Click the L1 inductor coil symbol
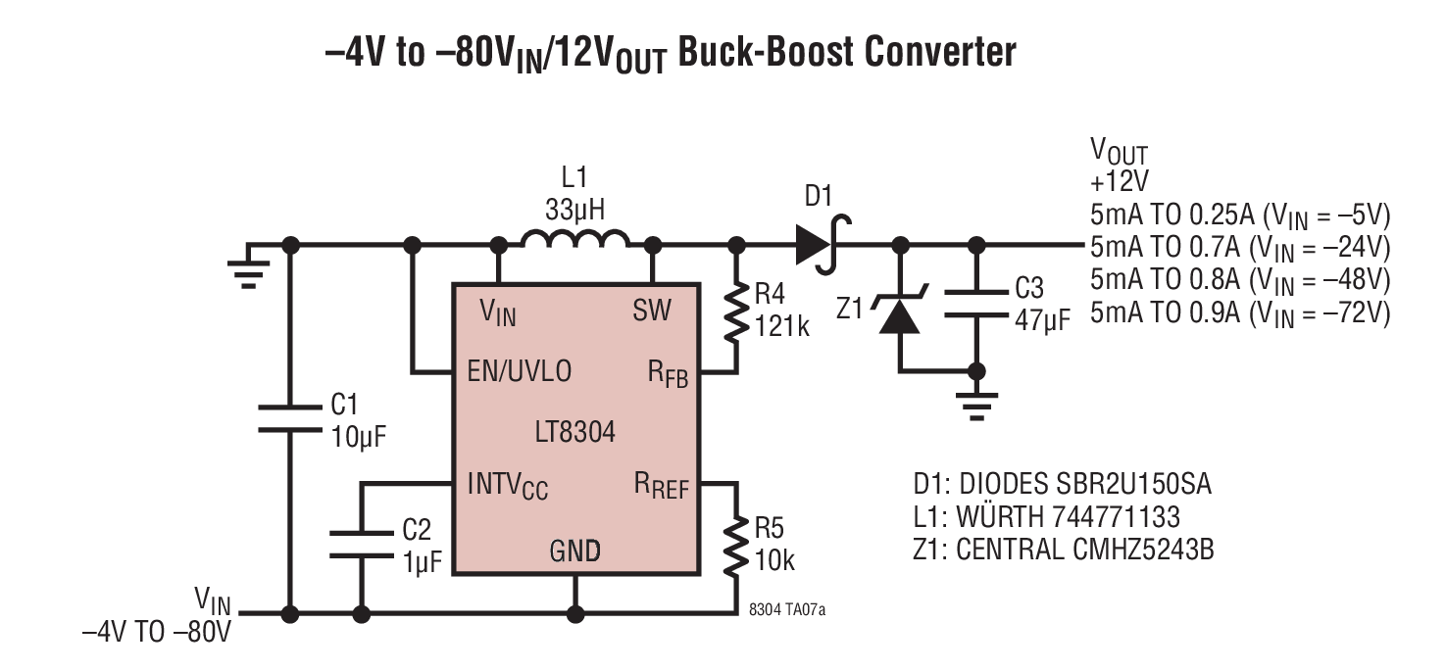click(x=574, y=239)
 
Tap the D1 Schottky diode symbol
click(x=820, y=245)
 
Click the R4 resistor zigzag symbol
click(x=736, y=312)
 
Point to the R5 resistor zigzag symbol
click(x=736, y=545)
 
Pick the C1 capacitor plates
click(x=290, y=418)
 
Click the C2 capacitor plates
click(x=361, y=545)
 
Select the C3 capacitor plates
click(x=976, y=304)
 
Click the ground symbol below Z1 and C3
click(x=976, y=407)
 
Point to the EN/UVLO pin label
click(x=519, y=371)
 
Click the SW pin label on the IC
click(x=652, y=311)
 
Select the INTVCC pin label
click(x=508, y=485)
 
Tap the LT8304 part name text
click(x=575, y=432)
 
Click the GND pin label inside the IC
click(x=575, y=551)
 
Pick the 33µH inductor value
click(x=575, y=210)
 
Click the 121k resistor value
click(x=781, y=326)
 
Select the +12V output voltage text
click(x=1120, y=181)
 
